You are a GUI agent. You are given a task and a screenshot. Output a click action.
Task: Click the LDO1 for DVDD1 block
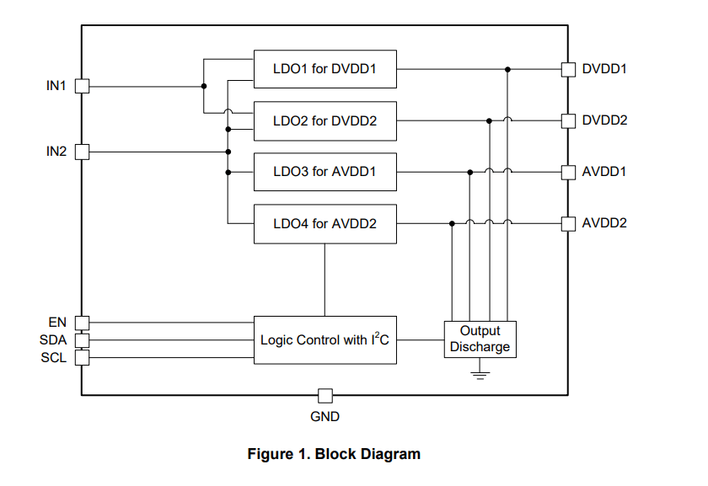click(325, 69)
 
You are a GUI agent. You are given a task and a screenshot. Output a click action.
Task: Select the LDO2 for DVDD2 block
click(325, 121)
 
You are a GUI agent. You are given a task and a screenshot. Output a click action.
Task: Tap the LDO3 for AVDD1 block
click(325, 173)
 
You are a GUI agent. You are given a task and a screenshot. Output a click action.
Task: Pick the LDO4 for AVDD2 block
click(325, 224)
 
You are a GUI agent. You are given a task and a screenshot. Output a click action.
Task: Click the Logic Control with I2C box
click(325, 340)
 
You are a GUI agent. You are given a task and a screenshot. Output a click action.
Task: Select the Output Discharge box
click(480, 339)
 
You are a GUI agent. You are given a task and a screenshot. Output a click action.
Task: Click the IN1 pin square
click(82, 86)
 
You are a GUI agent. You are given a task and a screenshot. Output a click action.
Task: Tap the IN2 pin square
click(82, 152)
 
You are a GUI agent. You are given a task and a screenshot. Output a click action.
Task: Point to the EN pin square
click(82, 323)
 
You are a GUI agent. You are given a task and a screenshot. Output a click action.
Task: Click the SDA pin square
click(82, 340)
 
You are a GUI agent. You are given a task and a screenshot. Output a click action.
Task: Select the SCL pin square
click(82, 357)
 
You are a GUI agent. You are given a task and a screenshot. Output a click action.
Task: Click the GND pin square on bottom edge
click(324, 395)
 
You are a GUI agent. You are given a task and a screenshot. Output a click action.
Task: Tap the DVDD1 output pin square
click(568, 69)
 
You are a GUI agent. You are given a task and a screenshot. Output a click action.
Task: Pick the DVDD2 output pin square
click(568, 120)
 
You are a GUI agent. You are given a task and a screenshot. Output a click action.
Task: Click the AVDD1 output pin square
click(568, 172)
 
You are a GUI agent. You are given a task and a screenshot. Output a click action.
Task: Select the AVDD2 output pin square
click(568, 223)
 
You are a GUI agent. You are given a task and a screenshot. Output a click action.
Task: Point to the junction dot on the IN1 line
click(204, 86)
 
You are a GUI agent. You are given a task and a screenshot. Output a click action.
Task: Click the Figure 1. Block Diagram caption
click(334, 454)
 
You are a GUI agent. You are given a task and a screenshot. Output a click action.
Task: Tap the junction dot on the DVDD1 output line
click(507, 69)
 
